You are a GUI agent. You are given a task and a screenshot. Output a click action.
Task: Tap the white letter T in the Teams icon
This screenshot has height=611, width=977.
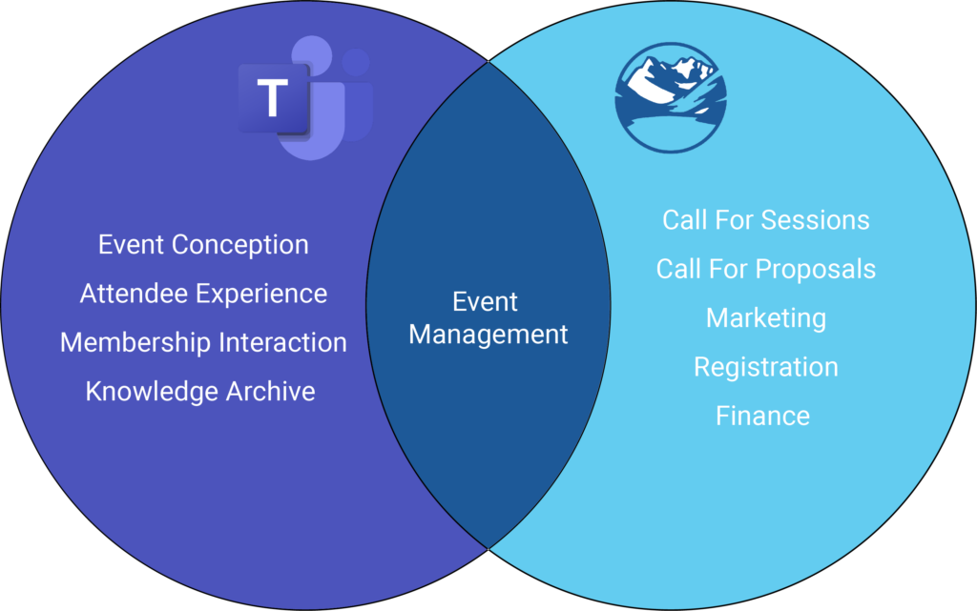274,98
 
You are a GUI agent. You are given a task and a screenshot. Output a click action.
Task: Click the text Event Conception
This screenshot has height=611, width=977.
203,245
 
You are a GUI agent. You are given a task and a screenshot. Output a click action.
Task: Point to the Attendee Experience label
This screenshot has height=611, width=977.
203,294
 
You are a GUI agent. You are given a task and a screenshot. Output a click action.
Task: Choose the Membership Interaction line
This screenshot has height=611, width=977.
203,342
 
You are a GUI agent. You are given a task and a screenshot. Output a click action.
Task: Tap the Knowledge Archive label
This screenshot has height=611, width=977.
200,391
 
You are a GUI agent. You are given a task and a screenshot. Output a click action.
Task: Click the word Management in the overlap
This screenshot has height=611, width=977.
488,335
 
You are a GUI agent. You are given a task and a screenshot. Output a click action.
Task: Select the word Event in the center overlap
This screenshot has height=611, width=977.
486,302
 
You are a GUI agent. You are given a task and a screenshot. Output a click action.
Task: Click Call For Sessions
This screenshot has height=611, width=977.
766,220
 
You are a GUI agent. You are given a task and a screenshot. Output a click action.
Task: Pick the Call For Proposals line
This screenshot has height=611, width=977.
766,269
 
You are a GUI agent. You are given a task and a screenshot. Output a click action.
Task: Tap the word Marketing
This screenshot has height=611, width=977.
766,317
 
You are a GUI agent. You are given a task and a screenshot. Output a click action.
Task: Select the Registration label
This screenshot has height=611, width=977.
766,367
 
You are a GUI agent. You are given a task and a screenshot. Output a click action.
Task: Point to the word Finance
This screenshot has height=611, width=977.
763,416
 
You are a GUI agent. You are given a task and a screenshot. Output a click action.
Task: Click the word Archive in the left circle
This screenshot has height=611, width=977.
270,391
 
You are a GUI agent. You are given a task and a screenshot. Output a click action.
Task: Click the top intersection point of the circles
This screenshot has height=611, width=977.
489,62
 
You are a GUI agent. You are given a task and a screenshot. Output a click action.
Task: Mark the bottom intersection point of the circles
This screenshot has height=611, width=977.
489,548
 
